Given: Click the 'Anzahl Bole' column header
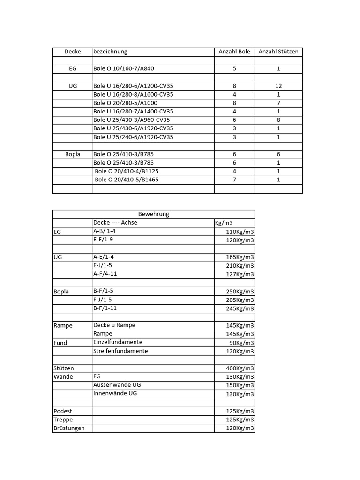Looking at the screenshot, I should point(234,52).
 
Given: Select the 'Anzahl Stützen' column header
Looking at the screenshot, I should point(278,52).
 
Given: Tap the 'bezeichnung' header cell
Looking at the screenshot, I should point(111,52).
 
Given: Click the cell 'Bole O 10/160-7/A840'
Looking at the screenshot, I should point(124,68).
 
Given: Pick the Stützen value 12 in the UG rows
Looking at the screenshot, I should point(278,86).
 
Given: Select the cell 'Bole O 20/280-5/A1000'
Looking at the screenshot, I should point(126,103).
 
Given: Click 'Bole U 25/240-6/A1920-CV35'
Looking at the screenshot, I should point(134,137).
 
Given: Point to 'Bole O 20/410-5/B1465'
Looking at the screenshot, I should point(127,180).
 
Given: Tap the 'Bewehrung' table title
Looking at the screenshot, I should point(154,214).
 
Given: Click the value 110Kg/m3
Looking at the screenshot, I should point(240,232).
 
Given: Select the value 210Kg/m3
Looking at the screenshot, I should point(240,266).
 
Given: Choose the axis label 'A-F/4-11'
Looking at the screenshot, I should point(105,274).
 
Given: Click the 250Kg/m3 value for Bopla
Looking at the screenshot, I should point(240,292).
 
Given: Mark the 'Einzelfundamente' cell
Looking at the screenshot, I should point(118,342).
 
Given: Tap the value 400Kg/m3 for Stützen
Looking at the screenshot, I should point(240,368).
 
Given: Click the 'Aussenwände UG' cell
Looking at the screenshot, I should point(117,385).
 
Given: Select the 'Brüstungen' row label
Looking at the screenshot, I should point(69,428).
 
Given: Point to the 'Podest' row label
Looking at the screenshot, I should point(63,411).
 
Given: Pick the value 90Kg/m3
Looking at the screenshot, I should point(242,343).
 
